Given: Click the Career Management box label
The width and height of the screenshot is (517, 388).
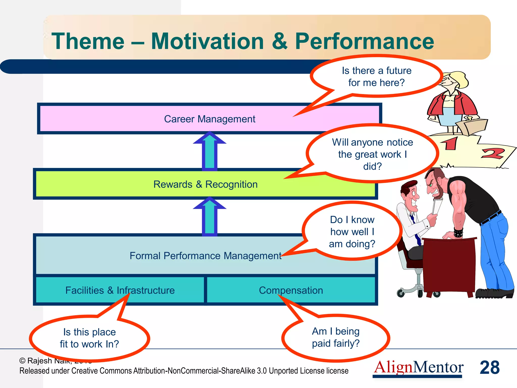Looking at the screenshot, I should coord(210,119).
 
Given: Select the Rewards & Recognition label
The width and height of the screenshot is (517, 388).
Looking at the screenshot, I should coord(205,184).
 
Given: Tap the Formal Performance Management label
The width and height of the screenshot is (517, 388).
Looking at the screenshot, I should coord(205,256).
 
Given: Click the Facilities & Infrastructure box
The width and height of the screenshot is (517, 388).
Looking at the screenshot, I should coord(120,290).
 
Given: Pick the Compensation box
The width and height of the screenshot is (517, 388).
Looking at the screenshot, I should coord(291,290).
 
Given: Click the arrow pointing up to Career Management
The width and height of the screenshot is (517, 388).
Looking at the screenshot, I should coord(210,152).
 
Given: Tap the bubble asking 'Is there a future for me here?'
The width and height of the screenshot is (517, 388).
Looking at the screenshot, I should coord(376,77).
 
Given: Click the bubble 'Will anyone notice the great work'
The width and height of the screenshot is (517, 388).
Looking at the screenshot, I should coord(372,154).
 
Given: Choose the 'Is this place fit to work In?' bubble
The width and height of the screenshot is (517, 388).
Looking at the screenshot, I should coord(89,338).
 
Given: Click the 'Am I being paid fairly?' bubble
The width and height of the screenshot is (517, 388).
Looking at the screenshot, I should coord(336,337).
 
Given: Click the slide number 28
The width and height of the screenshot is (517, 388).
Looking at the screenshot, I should coord(489,367).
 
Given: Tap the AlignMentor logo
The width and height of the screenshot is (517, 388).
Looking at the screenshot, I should coord(418,367).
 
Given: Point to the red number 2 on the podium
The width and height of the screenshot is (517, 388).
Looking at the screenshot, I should coord(492,153).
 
